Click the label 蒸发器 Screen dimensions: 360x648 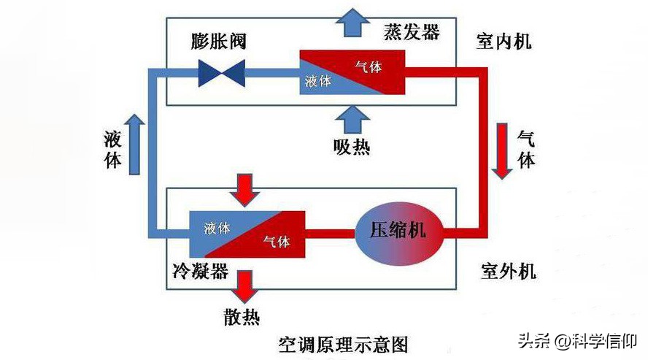point(412,32)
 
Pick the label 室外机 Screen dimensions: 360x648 point(508,272)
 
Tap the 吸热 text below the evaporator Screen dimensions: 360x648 point(352,147)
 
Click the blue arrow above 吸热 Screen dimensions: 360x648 point(352,118)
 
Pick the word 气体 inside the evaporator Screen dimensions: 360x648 point(368,66)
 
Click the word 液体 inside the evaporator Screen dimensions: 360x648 point(318,81)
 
